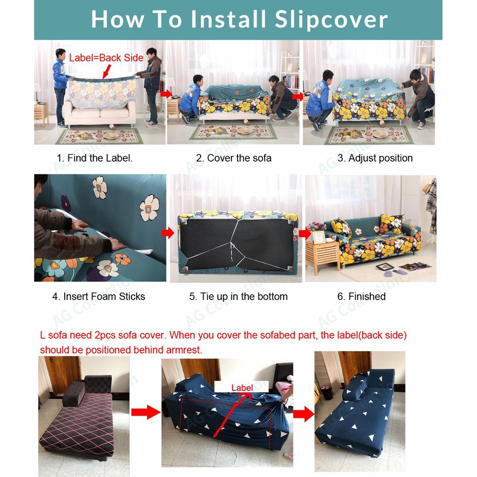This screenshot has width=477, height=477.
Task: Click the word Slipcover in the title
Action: pyautogui.click(x=331, y=20)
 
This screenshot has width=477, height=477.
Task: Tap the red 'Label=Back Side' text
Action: pyautogui.click(x=106, y=58)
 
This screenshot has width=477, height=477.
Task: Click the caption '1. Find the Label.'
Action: pyautogui.click(x=95, y=158)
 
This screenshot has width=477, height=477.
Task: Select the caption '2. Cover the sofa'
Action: pyautogui.click(x=234, y=158)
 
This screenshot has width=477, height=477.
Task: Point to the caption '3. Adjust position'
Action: pyautogui.click(x=375, y=158)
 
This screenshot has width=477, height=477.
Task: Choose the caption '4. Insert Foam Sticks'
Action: pyautogui.click(x=99, y=296)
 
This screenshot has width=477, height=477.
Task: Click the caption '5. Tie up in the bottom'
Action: pyautogui.click(x=238, y=296)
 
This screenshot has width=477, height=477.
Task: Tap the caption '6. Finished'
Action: pyautogui.click(x=361, y=296)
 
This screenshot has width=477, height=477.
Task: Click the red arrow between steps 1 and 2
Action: pyautogui.click(x=166, y=94)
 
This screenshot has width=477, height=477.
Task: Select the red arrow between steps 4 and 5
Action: pyautogui.click(x=168, y=233)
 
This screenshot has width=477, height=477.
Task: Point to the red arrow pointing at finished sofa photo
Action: pyautogui.click(x=305, y=234)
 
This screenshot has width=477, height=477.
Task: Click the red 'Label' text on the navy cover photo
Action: pyautogui.click(x=242, y=388)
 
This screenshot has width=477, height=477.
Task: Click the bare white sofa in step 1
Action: pyautogui.click(x=100, y=114)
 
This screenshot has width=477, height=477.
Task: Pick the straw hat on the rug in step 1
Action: pyautogui.click(x=111, y=136)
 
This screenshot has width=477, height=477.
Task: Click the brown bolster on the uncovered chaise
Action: pyautogui.click(x=74, y=393)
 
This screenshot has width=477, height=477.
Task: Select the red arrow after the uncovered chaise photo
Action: pyautogui.click(x=146, y=412)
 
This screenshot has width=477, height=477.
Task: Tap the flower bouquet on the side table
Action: pyautogui.click(x=317, y=227)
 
